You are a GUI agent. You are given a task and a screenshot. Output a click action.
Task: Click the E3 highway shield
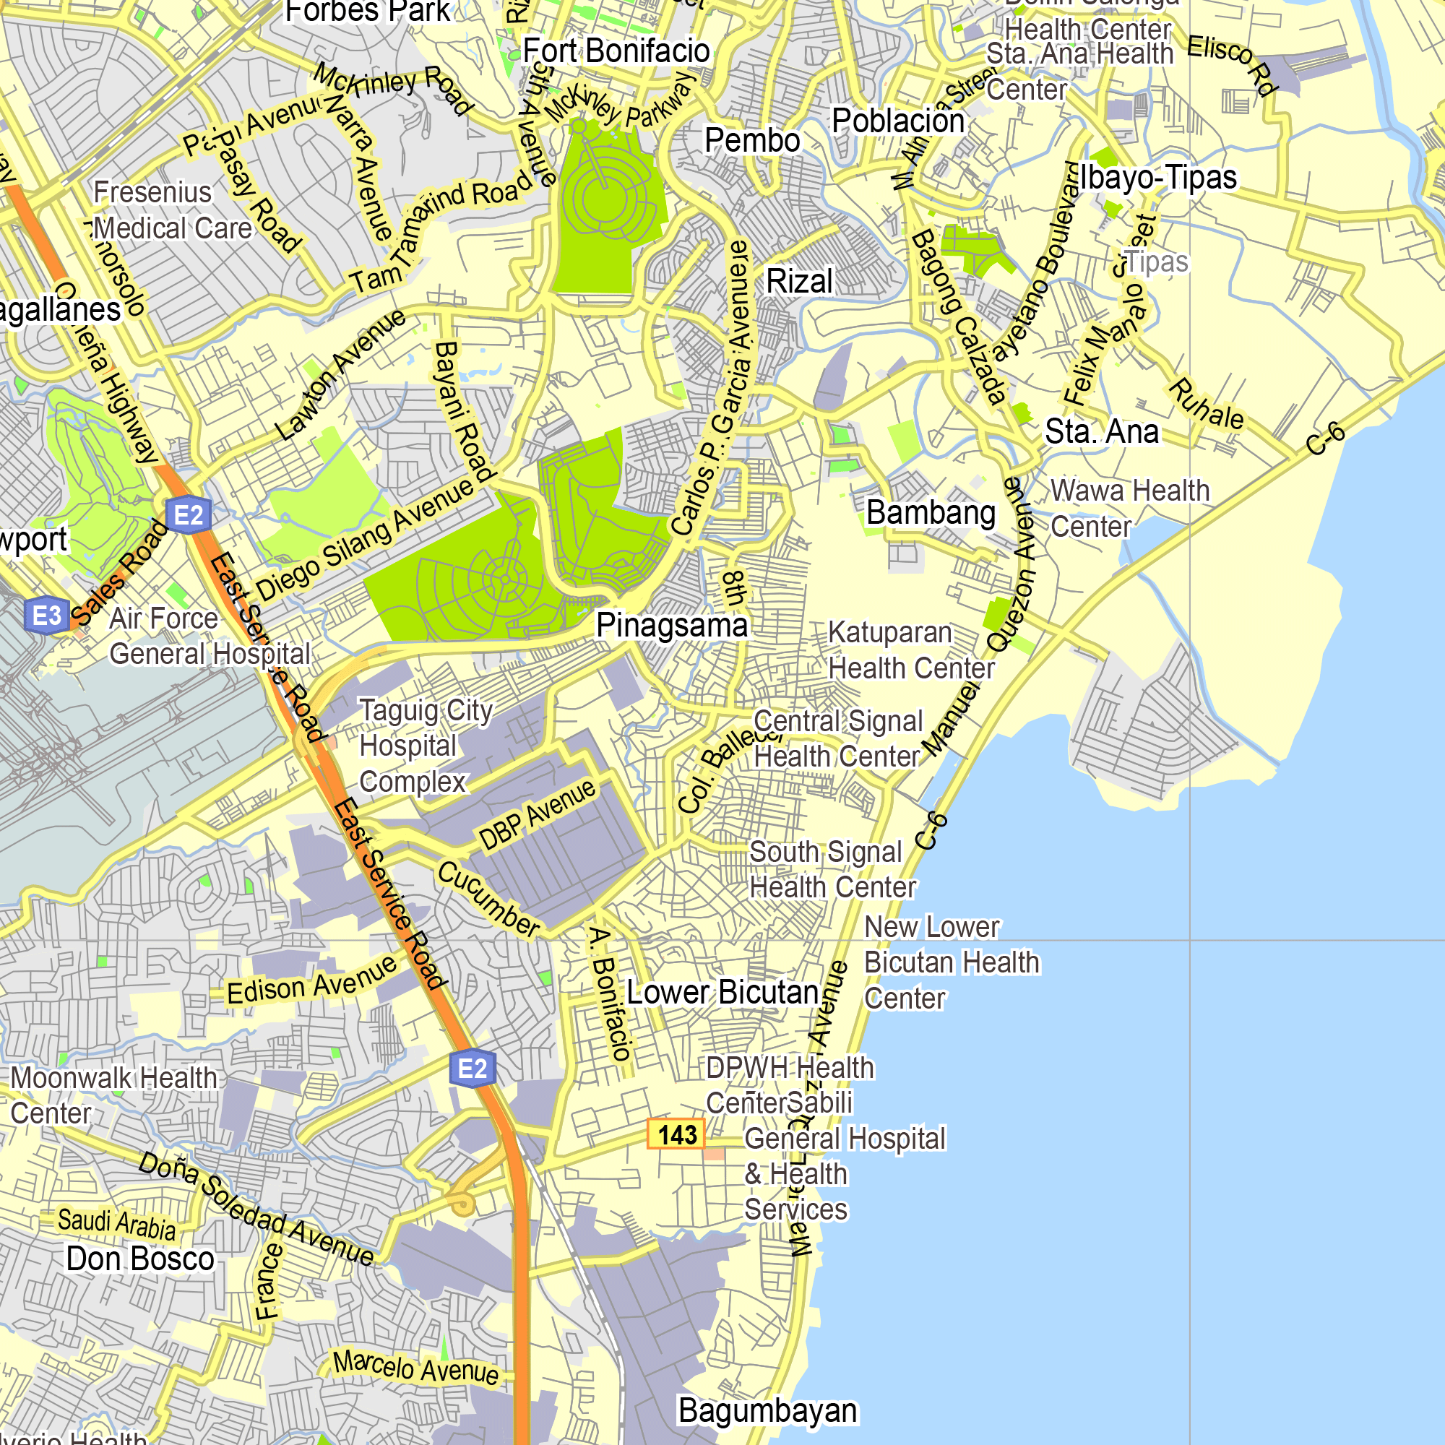(47, 616)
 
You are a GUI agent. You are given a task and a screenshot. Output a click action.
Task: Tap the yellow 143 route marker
(676, 1134)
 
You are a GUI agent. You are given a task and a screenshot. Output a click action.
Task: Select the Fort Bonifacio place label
(616, 51)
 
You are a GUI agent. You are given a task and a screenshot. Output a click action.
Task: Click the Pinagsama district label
(671, 625)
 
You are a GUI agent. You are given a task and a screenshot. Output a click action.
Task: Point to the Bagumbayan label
(767, 1410)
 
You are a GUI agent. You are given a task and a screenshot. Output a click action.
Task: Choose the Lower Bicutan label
(722, 993)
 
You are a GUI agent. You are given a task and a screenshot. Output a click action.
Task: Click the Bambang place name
(931, 513)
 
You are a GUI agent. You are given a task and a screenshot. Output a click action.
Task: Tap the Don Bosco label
(140, 1259)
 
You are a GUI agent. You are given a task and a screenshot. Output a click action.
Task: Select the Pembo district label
(751, 141)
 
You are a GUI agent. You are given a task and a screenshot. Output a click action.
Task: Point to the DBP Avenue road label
(537, 814)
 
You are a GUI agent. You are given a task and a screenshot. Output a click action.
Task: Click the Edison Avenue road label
(312, 980)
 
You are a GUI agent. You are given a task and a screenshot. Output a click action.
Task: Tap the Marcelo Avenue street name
(416, 1368)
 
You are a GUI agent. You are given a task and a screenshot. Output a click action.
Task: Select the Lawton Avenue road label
(340, 374)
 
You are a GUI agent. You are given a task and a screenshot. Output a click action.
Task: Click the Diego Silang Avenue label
(366, 538)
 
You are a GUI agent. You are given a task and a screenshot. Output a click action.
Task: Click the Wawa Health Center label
(1129, 509)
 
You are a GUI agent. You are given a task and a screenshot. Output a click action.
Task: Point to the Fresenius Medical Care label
(172, 211)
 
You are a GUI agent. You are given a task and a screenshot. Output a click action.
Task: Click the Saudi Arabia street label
(116, 1225)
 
